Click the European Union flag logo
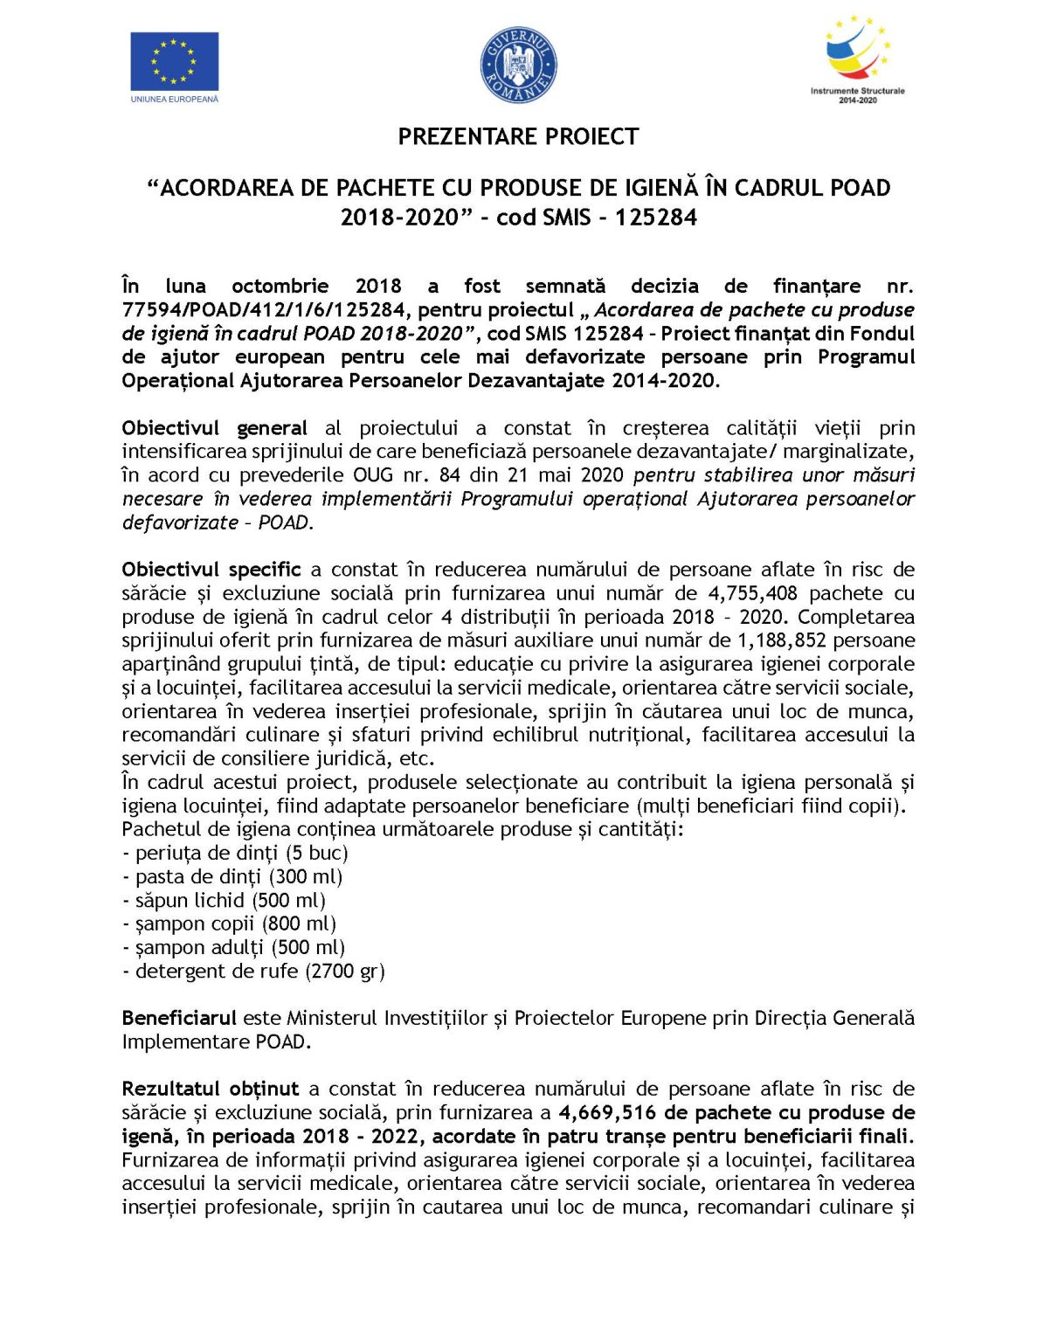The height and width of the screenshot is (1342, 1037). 174,62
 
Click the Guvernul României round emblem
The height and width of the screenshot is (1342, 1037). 518,65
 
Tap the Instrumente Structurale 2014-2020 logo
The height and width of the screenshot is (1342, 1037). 857,57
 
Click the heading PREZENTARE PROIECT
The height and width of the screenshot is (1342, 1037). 518,137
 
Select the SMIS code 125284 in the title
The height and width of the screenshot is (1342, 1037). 655,218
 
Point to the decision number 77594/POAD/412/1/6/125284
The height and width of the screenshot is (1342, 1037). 264,310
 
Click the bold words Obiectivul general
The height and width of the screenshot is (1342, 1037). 214,428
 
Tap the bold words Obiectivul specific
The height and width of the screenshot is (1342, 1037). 211,570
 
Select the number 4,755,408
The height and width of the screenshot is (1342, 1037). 752,593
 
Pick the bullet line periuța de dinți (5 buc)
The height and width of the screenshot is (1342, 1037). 235,853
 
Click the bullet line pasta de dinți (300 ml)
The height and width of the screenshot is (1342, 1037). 232,876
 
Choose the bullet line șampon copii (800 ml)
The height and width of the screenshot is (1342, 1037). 229,923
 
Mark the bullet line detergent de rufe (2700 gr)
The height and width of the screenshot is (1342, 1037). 253,971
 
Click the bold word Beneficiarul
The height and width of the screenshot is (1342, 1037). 179,1018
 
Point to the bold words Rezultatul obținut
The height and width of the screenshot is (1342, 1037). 210,1089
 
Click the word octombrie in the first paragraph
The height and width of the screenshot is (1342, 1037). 280,287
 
